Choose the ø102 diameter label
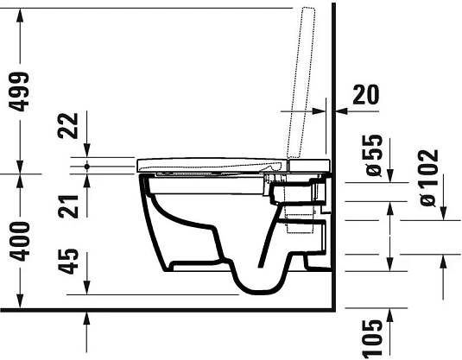pyautogui.click(x=427, y=177)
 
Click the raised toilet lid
pyautogui.click(x=303, y=82)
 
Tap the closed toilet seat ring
pyautogui.click(x=216, y=162)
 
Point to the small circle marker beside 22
pyautogui.click(x=88, y=163)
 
